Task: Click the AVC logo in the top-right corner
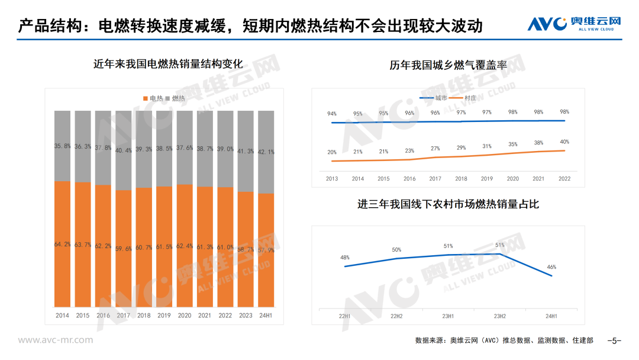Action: (x=574, y=23)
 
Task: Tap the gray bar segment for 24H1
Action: (x=266, y=152)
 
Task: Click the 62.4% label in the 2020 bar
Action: (x=185, y=246)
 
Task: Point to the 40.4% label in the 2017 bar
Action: (x=124, y=150)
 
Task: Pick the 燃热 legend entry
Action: (x=176, y=98)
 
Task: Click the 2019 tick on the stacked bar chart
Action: (x=164, y=316)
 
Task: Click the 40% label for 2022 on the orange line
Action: (x=564, y=142)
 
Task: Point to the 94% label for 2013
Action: (x=332, y=114)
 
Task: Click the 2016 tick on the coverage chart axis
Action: (x=409, y=179)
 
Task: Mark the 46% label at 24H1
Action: (x=551, y=267)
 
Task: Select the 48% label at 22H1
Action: (x=345, y=258)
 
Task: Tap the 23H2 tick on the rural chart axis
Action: (x=500, y=316)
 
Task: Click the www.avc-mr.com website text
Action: (x=55, y=340)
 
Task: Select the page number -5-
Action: (x=615, y=340)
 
